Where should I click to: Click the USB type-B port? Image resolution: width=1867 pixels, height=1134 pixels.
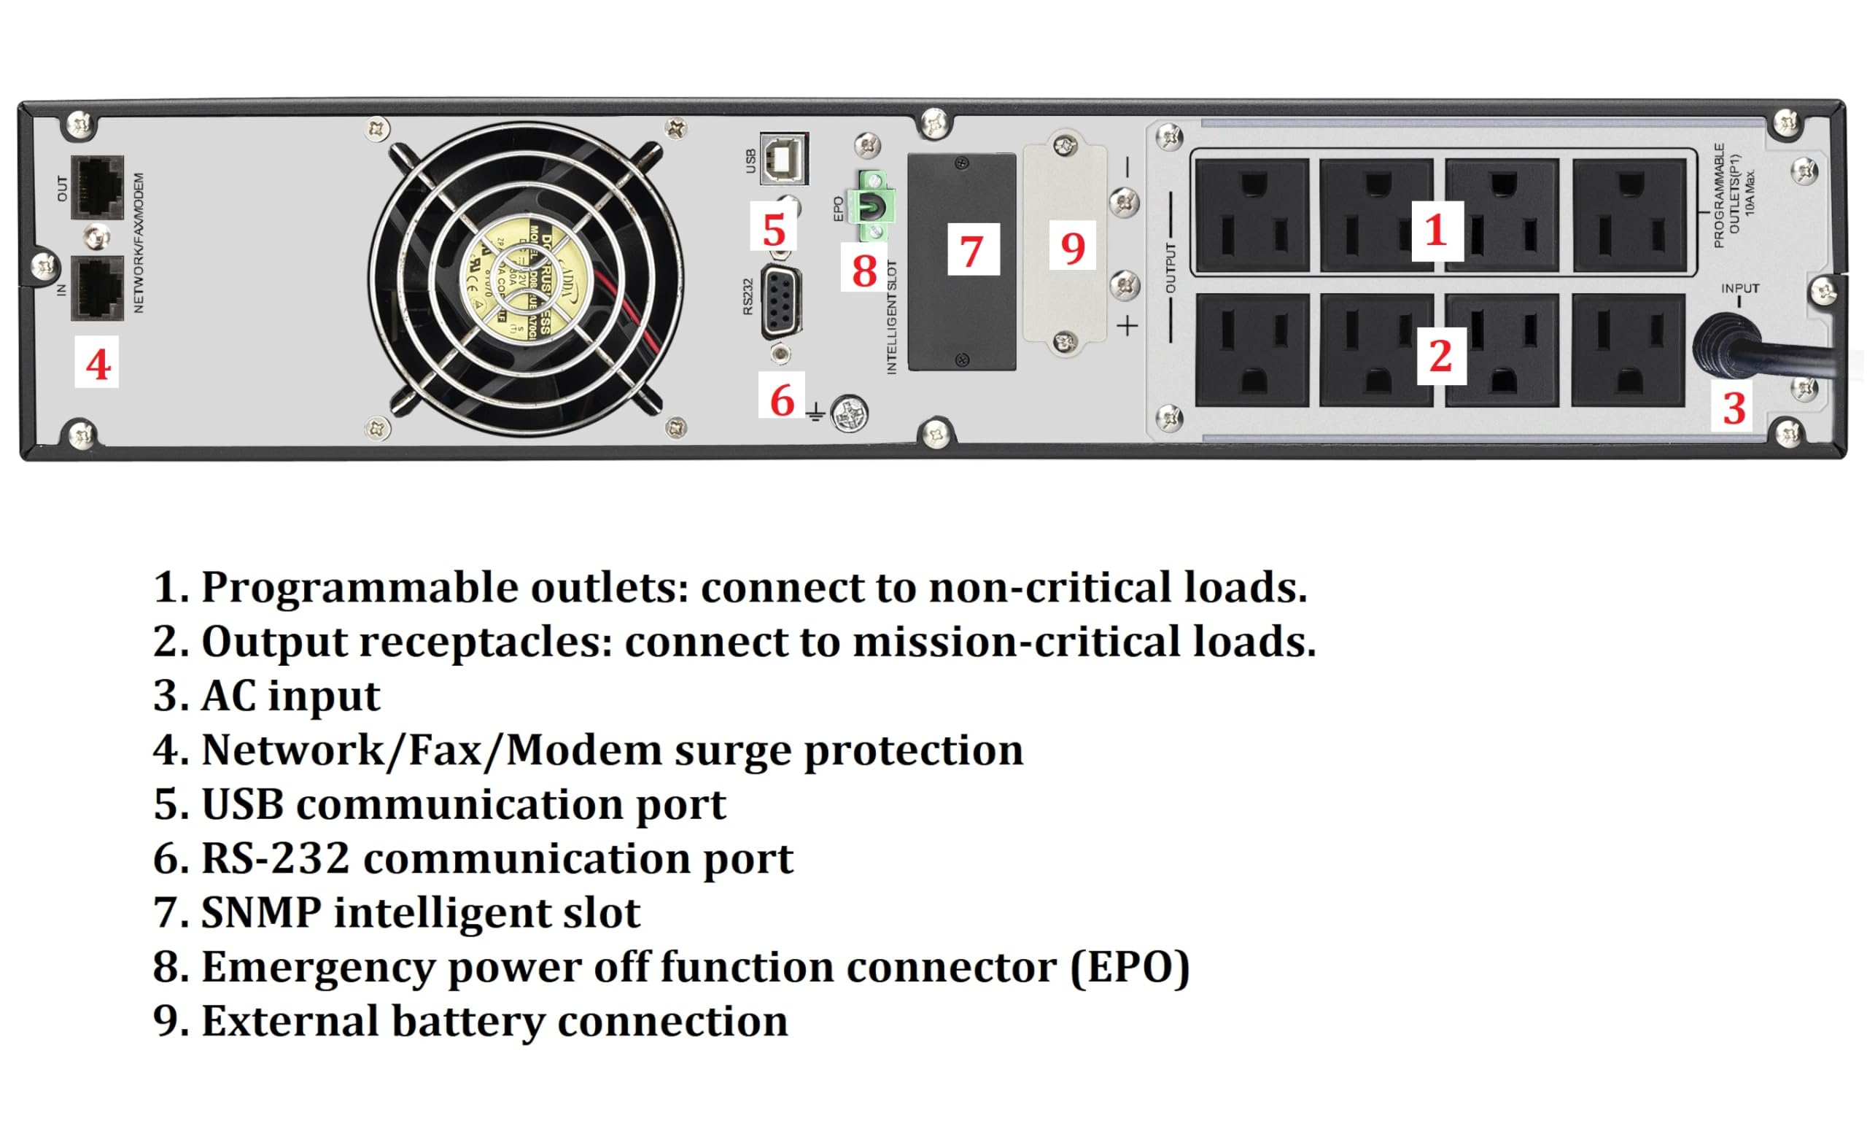(x=783, y=158)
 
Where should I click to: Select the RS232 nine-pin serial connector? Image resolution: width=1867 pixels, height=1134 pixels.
(x=781, y=302)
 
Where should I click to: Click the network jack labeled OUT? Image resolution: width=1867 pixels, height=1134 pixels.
(x=97, y=188)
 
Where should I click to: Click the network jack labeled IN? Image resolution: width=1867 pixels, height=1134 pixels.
(x=97, y=288)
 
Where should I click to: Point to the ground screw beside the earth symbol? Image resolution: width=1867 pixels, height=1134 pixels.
(x=849, y=413)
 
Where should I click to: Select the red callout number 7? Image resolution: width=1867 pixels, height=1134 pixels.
(x=972, y=251)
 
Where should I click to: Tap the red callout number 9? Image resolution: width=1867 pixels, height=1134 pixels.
(x=1072, y=247)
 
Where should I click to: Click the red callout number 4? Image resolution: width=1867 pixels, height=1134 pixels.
(x=98, y=365)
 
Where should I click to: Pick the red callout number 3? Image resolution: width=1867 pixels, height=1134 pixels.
(x=1734, y=408)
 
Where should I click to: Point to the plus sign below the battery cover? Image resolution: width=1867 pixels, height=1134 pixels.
(x=1127, y=326)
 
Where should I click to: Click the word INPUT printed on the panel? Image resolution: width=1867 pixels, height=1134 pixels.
(x=1739, y=289)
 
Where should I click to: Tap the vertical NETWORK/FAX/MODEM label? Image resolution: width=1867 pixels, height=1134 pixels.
(x=139, y=242)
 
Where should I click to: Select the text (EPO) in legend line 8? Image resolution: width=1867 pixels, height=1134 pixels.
(x=1129, y=967)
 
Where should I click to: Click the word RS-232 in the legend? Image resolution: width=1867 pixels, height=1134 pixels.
(x=275, y=858)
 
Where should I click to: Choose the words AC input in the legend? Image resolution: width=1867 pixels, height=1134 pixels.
(x=290, y=696)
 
